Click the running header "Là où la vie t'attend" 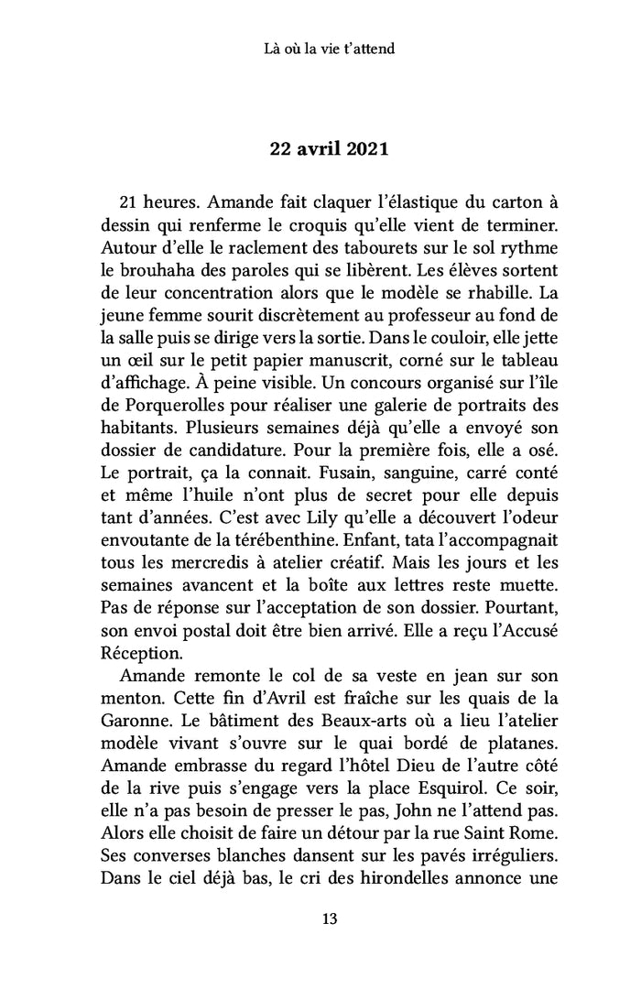(x=320, y=48)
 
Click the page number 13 (x=320, y=919)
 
